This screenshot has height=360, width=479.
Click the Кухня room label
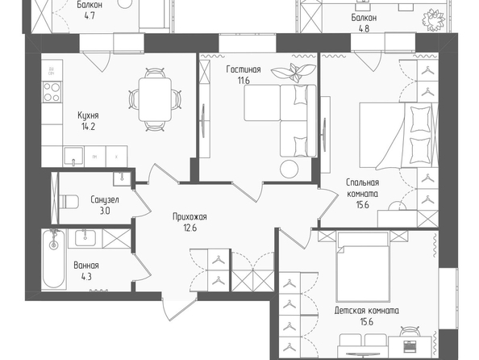click(x=88, y=115)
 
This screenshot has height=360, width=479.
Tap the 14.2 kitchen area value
click(x=88, y=126)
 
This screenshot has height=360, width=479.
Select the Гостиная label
click(x=244, y=69)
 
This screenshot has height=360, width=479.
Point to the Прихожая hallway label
click(x=190, y=217)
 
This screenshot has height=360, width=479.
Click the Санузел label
click(x=105, y=200)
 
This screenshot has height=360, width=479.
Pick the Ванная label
click(x=86, y=266)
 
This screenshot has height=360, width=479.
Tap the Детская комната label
click(x=367, y=311)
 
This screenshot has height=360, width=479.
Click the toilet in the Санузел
click(x=69, y=202)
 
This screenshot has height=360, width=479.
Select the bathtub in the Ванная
click(x=54, y=260)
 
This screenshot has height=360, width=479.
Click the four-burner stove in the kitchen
click(x=52, y=92)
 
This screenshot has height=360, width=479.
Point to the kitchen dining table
click(x=155, y=99)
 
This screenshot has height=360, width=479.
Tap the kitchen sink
click(x=73, y=157)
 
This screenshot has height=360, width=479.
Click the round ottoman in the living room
click(x=289, y=169)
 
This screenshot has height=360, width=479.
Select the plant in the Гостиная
click(x=294, y=73)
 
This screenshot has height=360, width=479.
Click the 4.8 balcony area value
click(x=364, y=29)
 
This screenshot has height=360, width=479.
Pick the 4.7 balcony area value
click(x=90, y=16)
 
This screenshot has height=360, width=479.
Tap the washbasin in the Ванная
click(x=85, y=238)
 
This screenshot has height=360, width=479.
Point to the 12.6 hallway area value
click(x=190, y=228)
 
